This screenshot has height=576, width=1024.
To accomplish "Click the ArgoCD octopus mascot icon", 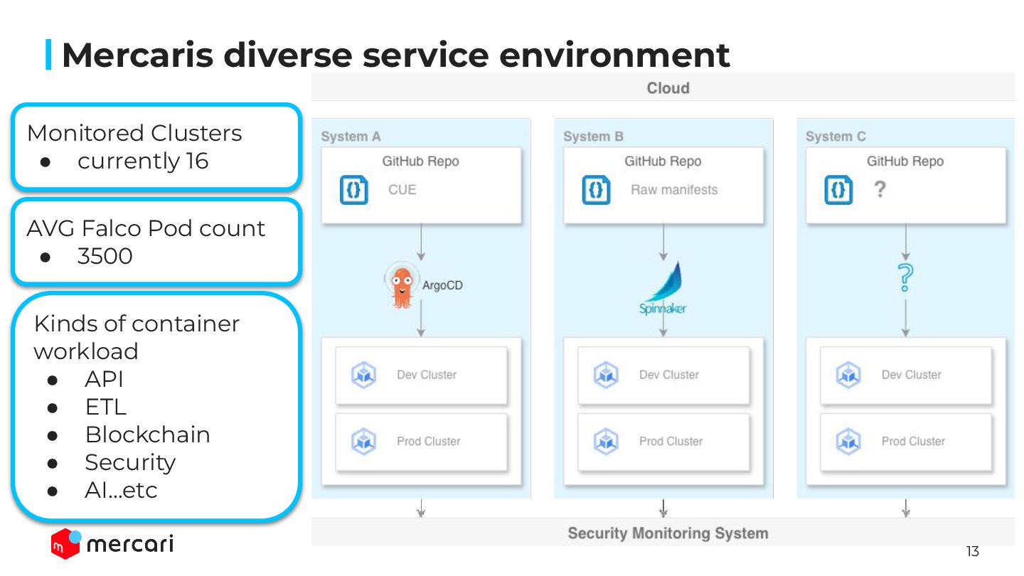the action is click(402, 285).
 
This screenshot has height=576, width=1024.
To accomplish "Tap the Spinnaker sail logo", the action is click(663, 288).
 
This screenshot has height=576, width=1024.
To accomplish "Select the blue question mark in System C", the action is click(905, 277).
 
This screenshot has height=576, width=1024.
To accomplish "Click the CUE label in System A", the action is click(402, 190).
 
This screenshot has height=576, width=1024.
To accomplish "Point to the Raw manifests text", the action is click(674, 190).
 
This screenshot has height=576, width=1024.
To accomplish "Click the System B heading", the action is click(593, 137).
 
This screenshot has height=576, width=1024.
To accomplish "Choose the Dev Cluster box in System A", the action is click(422, 375).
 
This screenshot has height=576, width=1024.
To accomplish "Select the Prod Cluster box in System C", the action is click(906, 442).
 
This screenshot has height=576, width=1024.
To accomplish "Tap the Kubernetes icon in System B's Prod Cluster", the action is click(606, 442).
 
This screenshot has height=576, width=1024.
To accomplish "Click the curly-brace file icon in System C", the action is click(838, 190).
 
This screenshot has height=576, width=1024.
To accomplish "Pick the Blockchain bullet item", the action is click(148, 434).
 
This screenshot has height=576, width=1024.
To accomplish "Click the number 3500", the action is click(105, 256).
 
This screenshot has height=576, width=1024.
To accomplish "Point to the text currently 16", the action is click(143, 161).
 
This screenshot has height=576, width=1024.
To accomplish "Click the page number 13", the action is click(973, 551).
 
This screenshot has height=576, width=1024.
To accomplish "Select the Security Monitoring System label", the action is click(668, 533).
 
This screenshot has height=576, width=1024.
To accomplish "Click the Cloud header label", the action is click(668, 87).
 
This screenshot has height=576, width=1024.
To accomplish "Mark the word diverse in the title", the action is click(288, 55).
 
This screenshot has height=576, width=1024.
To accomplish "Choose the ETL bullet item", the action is click(105, 407).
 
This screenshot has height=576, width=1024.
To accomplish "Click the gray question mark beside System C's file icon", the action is click(880, 189).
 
